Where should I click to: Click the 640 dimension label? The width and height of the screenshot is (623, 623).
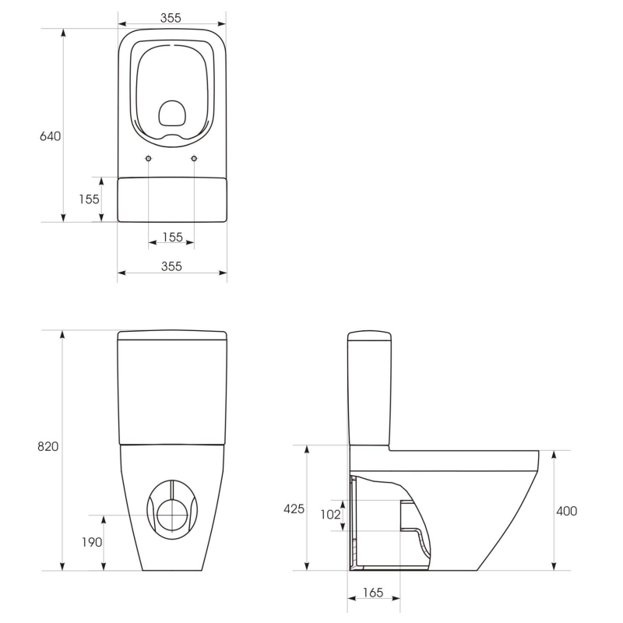tap(51, 136)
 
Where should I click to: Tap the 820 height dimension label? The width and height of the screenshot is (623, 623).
tap(48, 446)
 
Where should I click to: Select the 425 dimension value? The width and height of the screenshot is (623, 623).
tap(294, 509)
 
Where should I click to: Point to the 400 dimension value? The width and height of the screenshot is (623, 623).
tap(567, 511)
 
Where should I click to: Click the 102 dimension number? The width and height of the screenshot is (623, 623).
tap(330, 515)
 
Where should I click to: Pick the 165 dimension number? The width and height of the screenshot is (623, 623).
tap(373, 593)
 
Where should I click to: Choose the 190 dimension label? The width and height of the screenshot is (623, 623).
tap(92, 542)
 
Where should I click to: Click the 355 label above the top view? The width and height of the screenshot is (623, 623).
tap(171, 18)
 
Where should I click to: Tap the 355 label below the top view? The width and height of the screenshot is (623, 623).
tap(171, 266)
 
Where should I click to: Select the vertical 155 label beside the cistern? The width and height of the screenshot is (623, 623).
tap(89, 199)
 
